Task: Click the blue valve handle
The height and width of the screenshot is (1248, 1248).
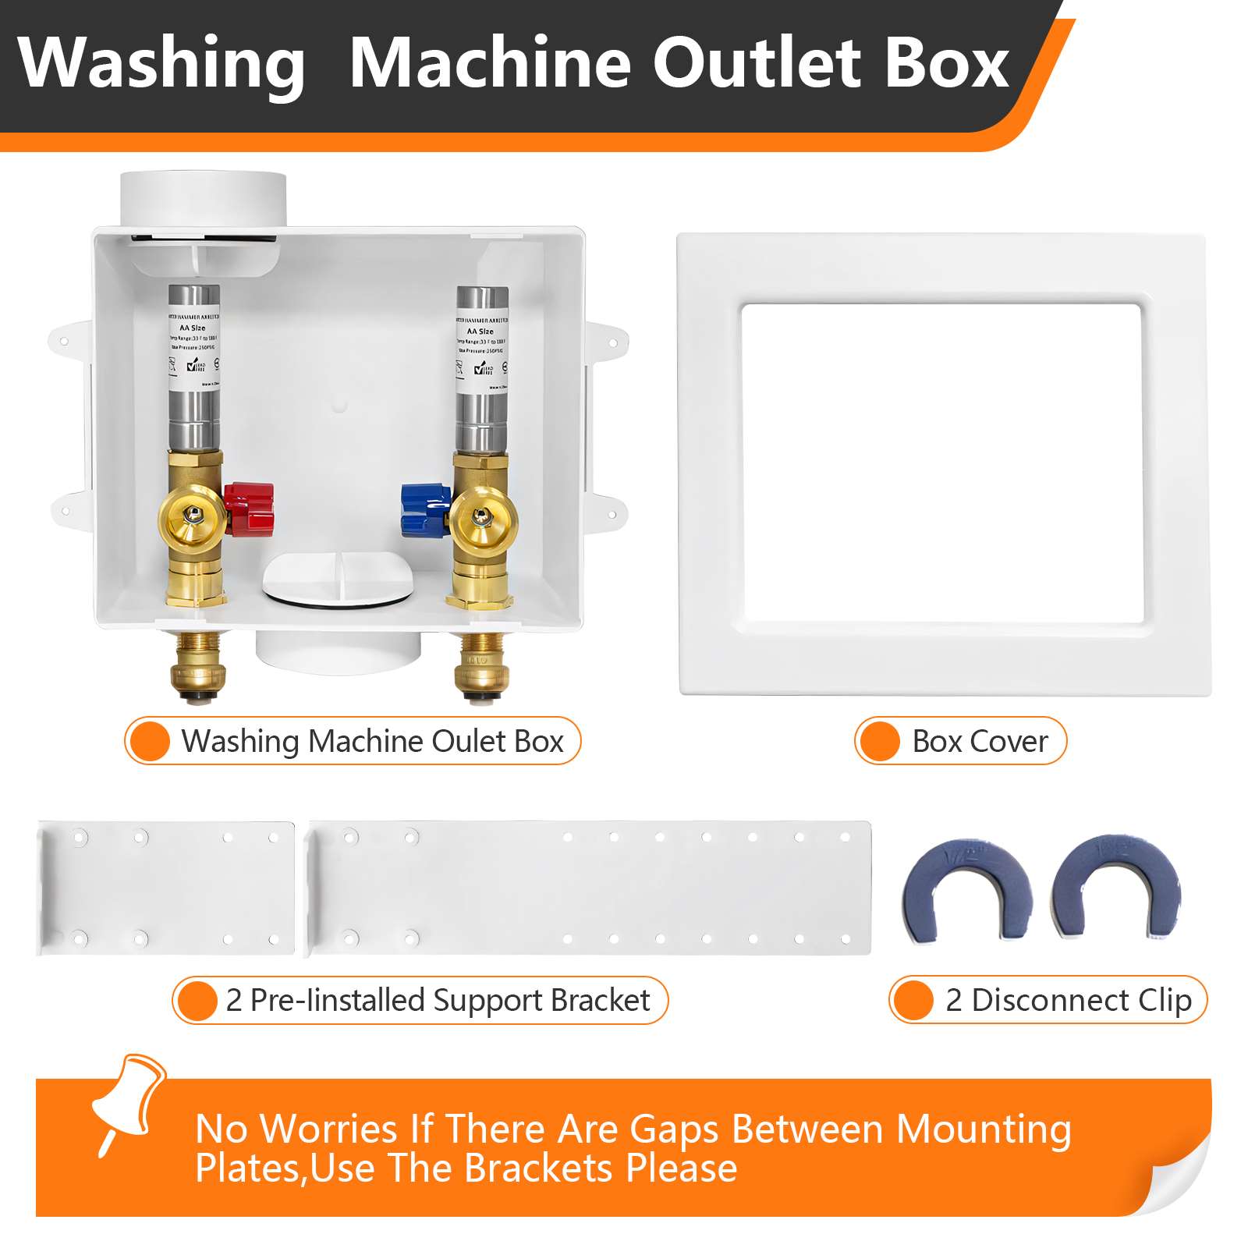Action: click(x=424, y=509)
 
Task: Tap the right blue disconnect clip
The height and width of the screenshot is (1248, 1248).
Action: click(x=1116, y=885)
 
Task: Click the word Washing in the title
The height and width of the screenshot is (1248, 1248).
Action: click(x=161, y=64)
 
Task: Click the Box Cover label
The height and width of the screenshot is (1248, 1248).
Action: click(x=980, y=741)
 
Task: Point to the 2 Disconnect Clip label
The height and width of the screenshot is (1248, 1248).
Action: click(x=1068, y=1000)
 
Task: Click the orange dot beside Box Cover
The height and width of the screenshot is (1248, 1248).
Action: click(x=880, y=741)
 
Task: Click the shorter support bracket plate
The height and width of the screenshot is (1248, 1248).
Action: click(x=166, y=888)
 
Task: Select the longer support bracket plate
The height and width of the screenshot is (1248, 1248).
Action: click(x=590, y=888)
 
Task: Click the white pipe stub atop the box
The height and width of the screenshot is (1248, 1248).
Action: click(x=203, y=199)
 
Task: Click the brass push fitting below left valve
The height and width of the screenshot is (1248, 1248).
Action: click(x=197, y=663)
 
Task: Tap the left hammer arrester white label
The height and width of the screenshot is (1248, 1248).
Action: click(x=194, y=350)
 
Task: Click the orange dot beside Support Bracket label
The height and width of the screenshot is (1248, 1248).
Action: click(x=196, y=1000)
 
